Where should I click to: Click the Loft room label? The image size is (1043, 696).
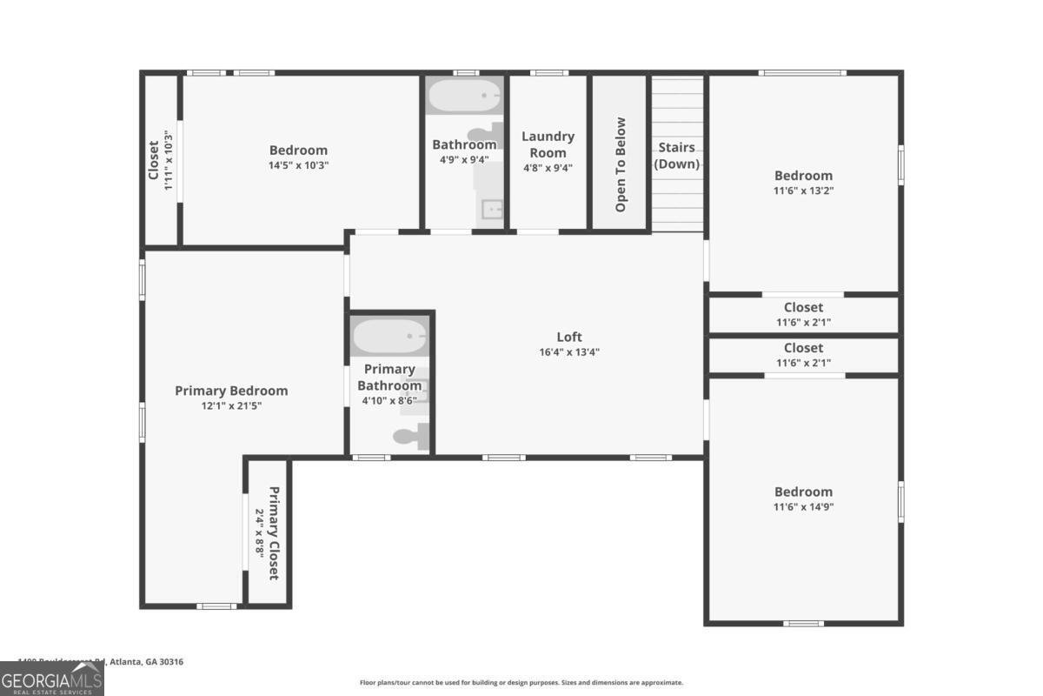click(x=569, y=337)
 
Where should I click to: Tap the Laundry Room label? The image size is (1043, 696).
click(x=548, y=144)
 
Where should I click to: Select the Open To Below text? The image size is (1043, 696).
click(x=621, y=164)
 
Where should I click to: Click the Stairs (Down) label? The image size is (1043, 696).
click(x=676, y=156)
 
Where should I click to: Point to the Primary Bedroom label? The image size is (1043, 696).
click(x=231, y=391)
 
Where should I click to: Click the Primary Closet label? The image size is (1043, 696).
click(x=273, y=533)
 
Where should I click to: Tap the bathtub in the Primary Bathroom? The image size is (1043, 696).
click(x=389, y=337)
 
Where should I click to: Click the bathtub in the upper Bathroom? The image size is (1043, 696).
click(x=465, y=95)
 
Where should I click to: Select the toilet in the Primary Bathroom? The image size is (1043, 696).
click(x=410, y=436)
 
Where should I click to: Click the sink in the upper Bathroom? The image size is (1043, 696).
click(x=493, y=210)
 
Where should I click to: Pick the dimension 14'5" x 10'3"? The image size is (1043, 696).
click(x=298, y=165)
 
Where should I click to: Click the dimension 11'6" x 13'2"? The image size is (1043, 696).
click(x=804, y=191)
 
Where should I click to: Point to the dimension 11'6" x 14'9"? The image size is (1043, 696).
click(x=804, y=507)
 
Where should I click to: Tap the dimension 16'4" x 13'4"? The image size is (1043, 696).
click(x=569, y=352)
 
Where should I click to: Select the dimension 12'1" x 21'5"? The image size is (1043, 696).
click(x=231, y=405)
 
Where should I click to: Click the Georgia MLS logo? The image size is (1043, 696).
click(x=52, y=679)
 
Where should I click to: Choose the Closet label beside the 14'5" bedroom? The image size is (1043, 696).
click(x=154, y=160)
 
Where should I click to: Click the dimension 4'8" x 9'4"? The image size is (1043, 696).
click(x=548, y=169)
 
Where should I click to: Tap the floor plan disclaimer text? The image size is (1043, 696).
click(x=521, y=683)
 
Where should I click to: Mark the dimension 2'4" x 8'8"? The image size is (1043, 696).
click(x=258, y=533)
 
